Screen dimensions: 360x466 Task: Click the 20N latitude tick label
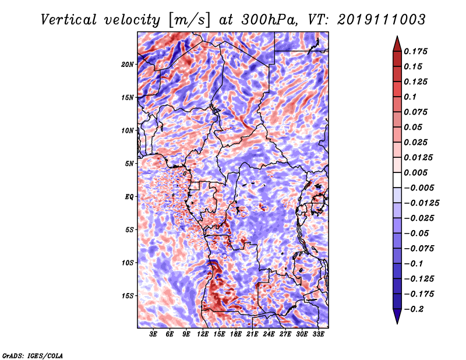128,64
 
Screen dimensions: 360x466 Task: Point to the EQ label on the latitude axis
129,197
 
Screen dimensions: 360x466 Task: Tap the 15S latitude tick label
128,296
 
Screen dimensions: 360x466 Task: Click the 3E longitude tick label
154,334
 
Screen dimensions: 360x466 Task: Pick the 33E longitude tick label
318,334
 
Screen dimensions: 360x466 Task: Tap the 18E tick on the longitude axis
236,334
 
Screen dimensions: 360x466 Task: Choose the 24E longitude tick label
269,334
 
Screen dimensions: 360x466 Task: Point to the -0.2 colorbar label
416,309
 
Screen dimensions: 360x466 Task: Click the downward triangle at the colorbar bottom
397,317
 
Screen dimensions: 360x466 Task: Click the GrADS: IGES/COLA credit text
32,355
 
